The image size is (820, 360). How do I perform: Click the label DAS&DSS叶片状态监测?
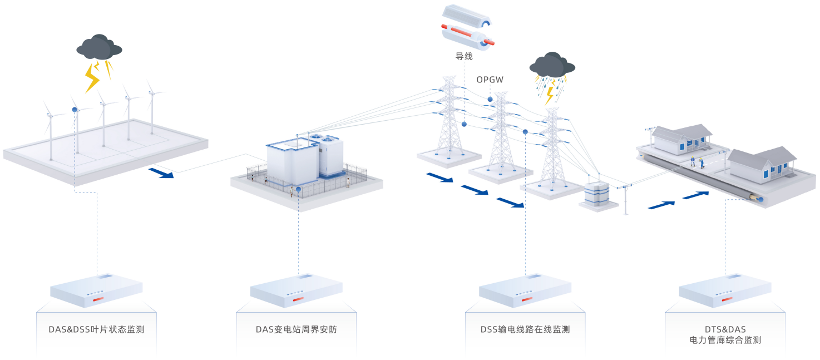click(96, 329)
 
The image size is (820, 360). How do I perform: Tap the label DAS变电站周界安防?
click(297, 329)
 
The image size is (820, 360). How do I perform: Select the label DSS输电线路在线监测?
click(525, 329)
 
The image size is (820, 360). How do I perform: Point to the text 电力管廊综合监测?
click(725, 340)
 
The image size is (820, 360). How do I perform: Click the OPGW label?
click(490, 80)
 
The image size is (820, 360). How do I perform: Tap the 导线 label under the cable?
click(464, 56)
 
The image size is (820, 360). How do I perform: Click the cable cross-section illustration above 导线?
click(468, 28)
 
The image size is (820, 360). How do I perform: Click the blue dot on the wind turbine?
click(75, 110)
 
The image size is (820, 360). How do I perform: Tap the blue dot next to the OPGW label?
click(490, 100)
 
